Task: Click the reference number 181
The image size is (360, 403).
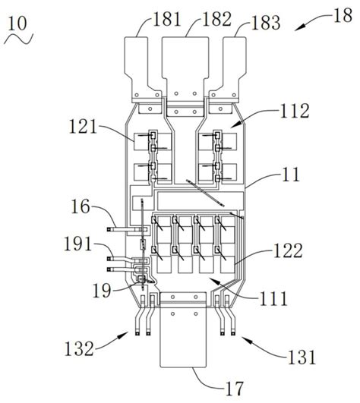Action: pyautogui.click(x=167, y=19)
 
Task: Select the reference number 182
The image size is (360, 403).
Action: pyautogui.click(x=217, y=19)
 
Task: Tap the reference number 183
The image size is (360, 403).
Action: pyautogui.click(x=266, y=23)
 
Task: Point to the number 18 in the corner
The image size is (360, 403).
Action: pyautogui.click(x=343, y=15)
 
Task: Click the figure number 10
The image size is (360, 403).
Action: pyautogui.click(x=17, y=24)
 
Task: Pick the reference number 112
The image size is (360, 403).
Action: pyautogui.click(x=295, y=111)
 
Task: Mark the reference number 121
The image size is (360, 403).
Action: pyautogui.click(x=83, y=127)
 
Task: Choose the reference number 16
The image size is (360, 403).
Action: pyautogui.click(x=81, y=206)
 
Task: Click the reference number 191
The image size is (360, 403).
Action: pyautogui.click(x=77, y=244)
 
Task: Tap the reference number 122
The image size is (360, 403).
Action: pyautogui.click(x=288, y=250)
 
